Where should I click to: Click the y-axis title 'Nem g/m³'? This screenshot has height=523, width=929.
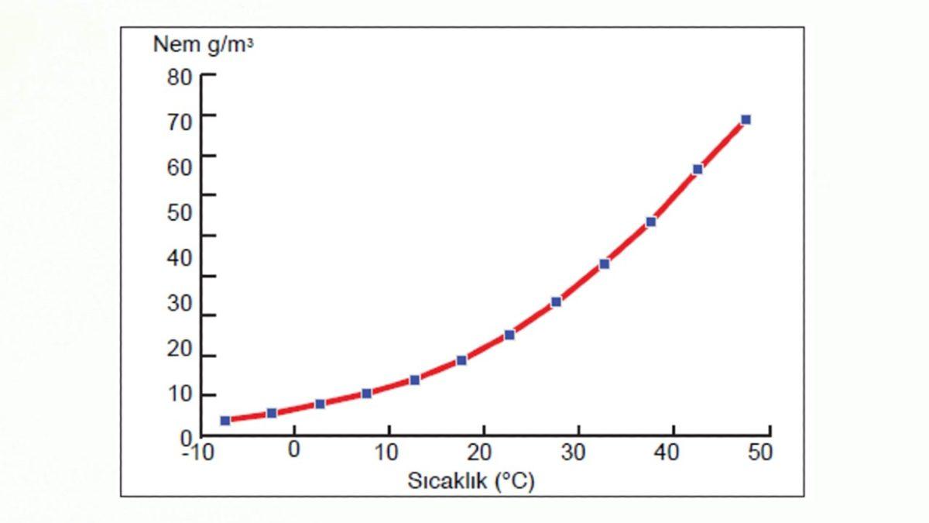tap(203, 44)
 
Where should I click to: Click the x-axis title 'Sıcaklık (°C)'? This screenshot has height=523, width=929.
tap(471, 480)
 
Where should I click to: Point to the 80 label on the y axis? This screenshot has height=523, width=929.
tap(179, 77)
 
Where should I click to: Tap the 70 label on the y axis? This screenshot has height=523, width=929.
tap(179, 121)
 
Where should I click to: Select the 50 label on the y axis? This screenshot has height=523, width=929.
tap(179, 212)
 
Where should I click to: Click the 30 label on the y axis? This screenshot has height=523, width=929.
tap(179, 303)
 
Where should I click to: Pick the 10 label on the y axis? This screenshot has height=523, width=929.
tap(179, 394)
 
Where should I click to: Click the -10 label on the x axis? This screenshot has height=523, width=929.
tap(197, 452)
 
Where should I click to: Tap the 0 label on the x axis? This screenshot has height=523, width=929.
tap(293, 450)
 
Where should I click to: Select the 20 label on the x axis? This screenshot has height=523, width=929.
tap(479, 452)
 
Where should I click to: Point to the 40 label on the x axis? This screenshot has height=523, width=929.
tap(668, 452)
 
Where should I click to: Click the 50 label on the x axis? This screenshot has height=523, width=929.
tap(760, 452)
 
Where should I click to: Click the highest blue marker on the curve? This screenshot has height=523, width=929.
tap(746, 119)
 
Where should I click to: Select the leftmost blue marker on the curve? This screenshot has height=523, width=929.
tap(225, 421)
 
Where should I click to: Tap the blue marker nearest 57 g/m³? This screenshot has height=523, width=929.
tap(698, 169)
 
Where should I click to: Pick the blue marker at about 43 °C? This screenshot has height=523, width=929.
tap(698, 169)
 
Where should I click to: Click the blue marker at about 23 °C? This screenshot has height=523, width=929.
tap(509, 335)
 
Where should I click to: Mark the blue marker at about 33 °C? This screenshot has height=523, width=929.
tap(604, 263)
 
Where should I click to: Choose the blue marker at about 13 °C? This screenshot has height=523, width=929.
tap(415, 380)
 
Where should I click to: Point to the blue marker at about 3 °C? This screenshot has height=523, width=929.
tap(320, 404)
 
